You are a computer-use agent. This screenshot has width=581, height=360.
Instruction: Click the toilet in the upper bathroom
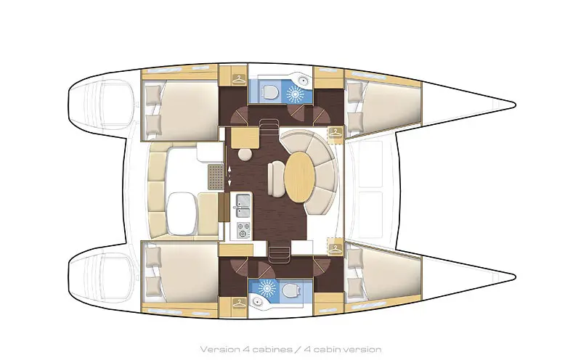click(x=269, y=91)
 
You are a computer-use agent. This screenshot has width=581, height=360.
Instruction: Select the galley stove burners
click(x=242, y=229)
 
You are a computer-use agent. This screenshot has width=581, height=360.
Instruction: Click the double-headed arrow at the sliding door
click(x=230, y=172)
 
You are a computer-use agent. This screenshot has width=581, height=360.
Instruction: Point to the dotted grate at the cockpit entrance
click(x=214, y=176)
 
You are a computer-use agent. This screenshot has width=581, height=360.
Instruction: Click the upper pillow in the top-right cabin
click(x=355, y=94)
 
